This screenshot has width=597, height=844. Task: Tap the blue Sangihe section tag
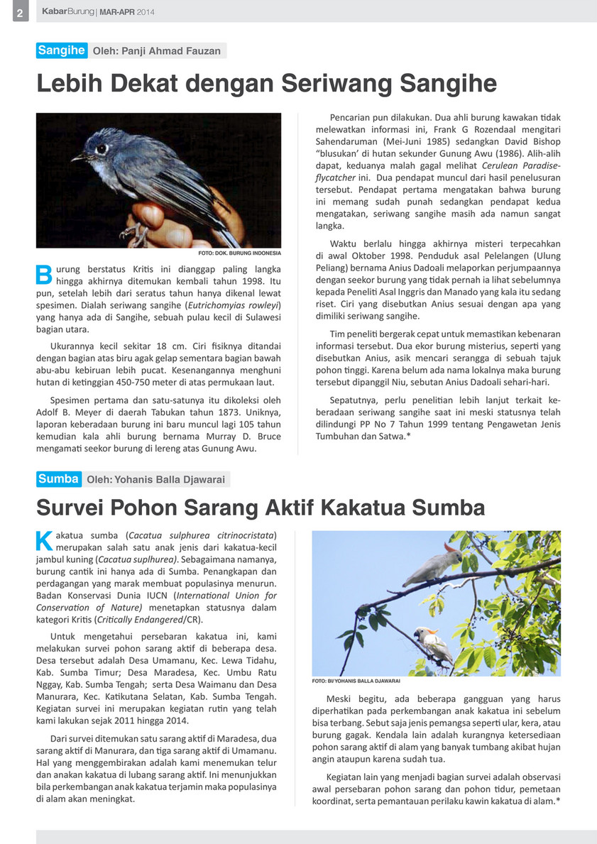point(62,50)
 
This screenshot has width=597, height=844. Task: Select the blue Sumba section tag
point(58,479)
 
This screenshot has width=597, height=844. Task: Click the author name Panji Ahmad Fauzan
point(156,51)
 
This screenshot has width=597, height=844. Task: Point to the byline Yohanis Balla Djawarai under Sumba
point(155,480)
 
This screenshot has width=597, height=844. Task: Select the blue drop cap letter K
point(43,541)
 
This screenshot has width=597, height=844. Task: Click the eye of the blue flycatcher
point(102,149)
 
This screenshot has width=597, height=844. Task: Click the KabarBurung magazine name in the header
point(67,12)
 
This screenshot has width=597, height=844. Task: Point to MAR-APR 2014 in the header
point(126,13)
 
